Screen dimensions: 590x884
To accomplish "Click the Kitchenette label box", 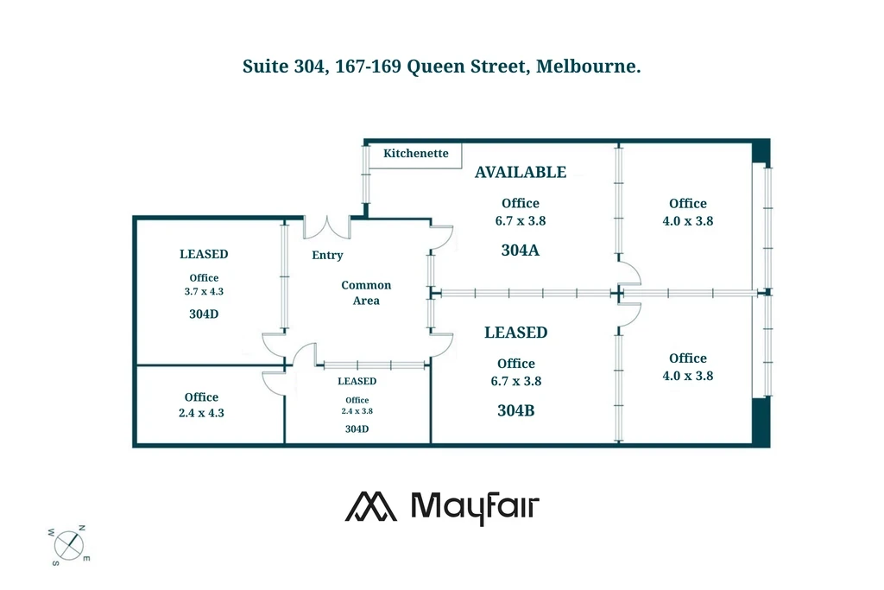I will point(416,154).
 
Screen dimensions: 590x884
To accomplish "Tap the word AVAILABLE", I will point(521,172).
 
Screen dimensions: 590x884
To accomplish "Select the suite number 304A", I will point(521,251).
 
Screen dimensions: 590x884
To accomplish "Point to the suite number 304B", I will point(516,410).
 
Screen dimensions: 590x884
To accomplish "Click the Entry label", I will point(327,255).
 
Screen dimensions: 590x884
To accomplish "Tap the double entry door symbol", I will point(326,226).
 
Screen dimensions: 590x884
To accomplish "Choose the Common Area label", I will point(366,293).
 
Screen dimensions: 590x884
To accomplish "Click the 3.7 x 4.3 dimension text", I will point(204,292).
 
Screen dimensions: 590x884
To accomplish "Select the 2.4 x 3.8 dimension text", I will point(357,411).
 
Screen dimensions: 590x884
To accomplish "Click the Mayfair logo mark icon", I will point(371,507).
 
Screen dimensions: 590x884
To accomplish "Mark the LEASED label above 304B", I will point(515,332).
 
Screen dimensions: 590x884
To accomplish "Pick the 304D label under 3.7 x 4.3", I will point(204,314).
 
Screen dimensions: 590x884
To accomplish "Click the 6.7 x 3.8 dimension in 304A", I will point(521,220).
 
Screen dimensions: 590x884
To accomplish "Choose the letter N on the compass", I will point(82,527).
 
